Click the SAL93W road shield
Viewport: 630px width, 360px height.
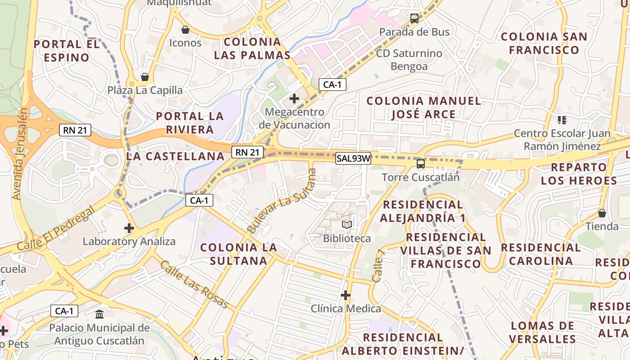tap(353, 158)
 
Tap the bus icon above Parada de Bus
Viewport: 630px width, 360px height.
tap(414, 18)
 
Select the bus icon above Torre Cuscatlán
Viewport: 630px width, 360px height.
tap(421, 164)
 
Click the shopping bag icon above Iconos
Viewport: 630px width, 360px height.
tap(185, 30)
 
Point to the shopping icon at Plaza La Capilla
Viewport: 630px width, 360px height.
tap(144, 77)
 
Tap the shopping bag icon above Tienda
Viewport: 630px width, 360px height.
tap(602, 213)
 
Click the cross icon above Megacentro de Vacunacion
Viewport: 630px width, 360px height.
tap(294, 98)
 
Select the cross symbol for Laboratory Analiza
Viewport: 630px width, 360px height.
tap(129, 228)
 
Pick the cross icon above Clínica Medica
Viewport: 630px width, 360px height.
tap(346, 295)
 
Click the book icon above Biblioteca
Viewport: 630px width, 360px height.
tap(346, 225)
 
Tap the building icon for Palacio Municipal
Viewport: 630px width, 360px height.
tap(99, 314)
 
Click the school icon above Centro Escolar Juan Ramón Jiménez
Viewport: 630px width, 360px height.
tap(562, 120)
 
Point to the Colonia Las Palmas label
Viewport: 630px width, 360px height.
tap(252, 49)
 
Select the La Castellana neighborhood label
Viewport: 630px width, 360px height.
tap(175, 156)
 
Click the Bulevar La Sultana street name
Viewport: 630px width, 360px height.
tap(282, 201)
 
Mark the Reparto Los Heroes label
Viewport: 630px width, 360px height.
tap(579, 174)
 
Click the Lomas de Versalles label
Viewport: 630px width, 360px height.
tap(543, 332)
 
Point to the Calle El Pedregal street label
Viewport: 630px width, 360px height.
tap(56, 229)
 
